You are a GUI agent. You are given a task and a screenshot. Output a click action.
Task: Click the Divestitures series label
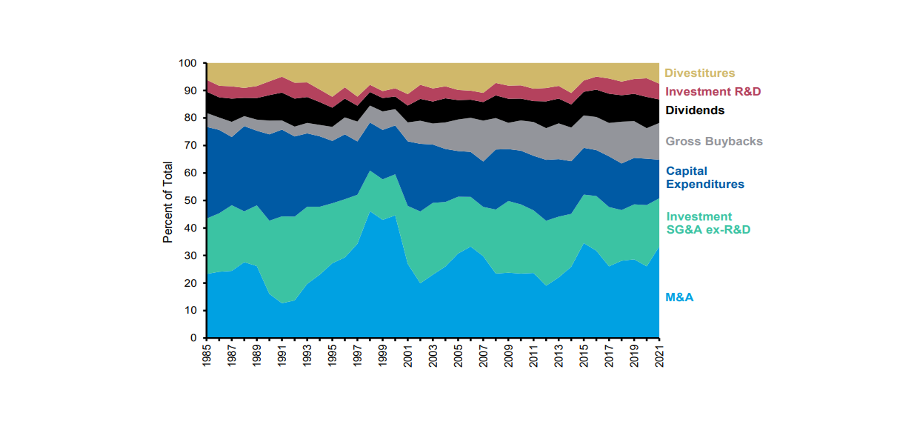(699, 73)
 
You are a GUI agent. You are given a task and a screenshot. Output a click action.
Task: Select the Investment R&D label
(713, 92)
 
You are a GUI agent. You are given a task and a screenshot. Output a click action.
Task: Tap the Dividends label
(695, 110)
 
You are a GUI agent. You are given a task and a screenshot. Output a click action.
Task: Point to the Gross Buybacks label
(714, 141)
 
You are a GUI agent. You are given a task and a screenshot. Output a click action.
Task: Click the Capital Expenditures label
(705, 178)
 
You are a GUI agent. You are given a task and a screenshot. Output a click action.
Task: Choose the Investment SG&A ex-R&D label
(708, 223)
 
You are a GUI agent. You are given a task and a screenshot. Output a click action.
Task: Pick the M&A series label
(679, 297)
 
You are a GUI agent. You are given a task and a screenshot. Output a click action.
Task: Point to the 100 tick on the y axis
(188, 64)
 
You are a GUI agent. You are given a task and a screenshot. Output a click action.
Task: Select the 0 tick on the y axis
(193, 338)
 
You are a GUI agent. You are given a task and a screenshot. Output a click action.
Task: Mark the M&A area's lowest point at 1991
(282, 303)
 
